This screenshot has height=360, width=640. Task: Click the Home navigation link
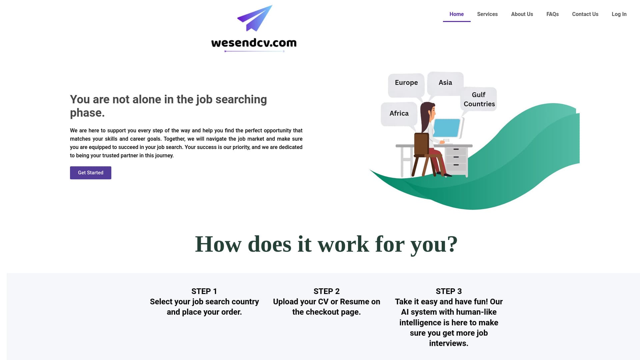coord(456,14)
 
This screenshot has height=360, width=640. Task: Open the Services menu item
coord(487,14)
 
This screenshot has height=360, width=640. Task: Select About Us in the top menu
coord(522,14)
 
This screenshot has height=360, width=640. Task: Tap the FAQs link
coord(552,14)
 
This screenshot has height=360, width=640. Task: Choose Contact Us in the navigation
coord(585,14)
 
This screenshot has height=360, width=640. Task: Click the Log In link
coord(619,14)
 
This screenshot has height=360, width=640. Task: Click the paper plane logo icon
coord(255,18)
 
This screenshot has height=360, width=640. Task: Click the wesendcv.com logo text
coord(254,43)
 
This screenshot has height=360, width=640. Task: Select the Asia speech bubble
coord(445,83)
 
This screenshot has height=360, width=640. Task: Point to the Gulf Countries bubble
coord(479,99)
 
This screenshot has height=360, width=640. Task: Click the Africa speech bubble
coord(399,114)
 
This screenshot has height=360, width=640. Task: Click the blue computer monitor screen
coord(446,128)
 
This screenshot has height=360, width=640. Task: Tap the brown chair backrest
coord(421,144)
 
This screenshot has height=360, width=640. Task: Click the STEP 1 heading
coord(204,291)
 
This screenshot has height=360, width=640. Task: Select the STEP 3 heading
coord(448,291)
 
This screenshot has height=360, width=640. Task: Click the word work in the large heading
coord(343,244)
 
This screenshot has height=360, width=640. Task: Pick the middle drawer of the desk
coord(456,157)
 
